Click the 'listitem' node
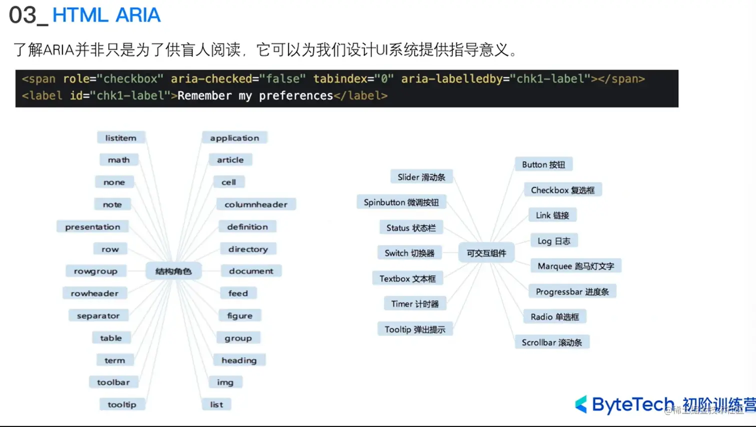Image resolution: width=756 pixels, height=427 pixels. point(120,138)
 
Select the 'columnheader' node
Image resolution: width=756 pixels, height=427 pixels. point(256,204)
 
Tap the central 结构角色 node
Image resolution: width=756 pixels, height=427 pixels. point(173,271)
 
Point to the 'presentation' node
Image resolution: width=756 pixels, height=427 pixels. point(92,227)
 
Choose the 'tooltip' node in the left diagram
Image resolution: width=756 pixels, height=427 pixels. point(121,404)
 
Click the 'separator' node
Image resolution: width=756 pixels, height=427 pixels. point(98,316)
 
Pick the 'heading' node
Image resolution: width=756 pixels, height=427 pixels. point(239,360)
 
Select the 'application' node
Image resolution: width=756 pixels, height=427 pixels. point(234,138)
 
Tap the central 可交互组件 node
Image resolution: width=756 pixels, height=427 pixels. point(486,253)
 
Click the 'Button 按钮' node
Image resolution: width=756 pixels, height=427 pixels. point(543,164)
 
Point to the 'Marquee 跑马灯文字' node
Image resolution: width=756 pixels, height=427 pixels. point(575,266)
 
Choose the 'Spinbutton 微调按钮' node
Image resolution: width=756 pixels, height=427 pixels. point(401,202)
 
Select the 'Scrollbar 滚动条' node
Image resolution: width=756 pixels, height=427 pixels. point(551,342)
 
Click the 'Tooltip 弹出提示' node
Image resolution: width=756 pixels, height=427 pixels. point(414,329)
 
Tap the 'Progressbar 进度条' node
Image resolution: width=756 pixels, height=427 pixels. point(572,291)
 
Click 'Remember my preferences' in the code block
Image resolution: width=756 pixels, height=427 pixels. point(255,96)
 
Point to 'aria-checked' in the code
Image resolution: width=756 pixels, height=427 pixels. point(211,79)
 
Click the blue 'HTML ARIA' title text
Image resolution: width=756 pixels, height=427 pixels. point(106,15)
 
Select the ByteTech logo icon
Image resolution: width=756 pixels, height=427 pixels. point(581,404)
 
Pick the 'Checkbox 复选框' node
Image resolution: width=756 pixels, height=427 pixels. point(562,190)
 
